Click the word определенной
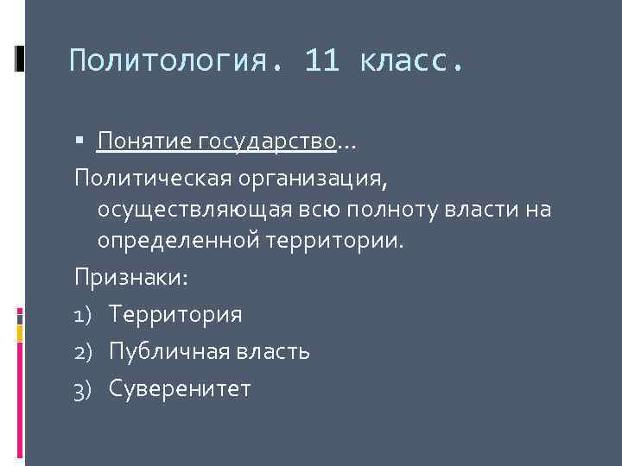click(176, 242)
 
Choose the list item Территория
click(175, 315)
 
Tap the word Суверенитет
click(180, 389)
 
